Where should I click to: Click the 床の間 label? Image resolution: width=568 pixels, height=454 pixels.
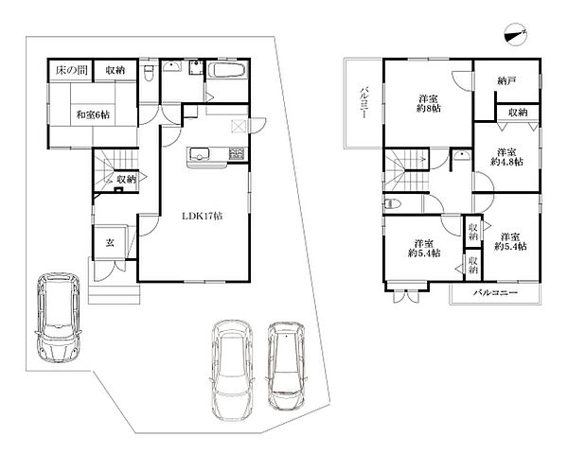coord(71,70)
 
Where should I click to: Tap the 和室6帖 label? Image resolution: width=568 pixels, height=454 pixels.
coord(93,115)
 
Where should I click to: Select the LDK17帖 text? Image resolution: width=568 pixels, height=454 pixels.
coord(202,217)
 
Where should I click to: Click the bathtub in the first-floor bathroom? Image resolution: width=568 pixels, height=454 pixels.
coord(227,69)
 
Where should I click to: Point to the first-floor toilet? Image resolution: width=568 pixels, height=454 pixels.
coord(149,73)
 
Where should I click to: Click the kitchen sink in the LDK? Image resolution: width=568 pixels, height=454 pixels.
coord(198,154)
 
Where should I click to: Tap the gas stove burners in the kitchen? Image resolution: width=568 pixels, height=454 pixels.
coord(238,153)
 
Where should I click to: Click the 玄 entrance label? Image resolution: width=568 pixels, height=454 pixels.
coord(110,242)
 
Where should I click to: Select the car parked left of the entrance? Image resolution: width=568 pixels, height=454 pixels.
coord(59,317)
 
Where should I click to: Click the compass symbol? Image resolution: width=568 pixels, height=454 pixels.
coord(515,35)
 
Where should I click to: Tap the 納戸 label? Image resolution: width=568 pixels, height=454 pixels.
coord(506,81)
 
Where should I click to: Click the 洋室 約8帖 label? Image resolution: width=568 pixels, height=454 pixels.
coord(428,103)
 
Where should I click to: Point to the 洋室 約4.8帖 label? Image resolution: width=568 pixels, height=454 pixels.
coord(506,157)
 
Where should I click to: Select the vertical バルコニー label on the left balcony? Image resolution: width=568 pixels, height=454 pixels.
coord(364,103)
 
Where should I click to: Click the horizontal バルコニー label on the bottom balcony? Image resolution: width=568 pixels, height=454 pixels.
coord(495,292)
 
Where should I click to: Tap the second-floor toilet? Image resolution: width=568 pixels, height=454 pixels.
coord(392,204)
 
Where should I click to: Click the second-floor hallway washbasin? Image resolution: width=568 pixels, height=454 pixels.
coord(462,155)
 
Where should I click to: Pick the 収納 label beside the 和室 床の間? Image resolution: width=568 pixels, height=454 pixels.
coord(115,70)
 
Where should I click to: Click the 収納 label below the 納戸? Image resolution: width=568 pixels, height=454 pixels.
coord(518,113)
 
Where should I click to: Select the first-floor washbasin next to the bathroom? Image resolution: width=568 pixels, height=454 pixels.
coord(172,66)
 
